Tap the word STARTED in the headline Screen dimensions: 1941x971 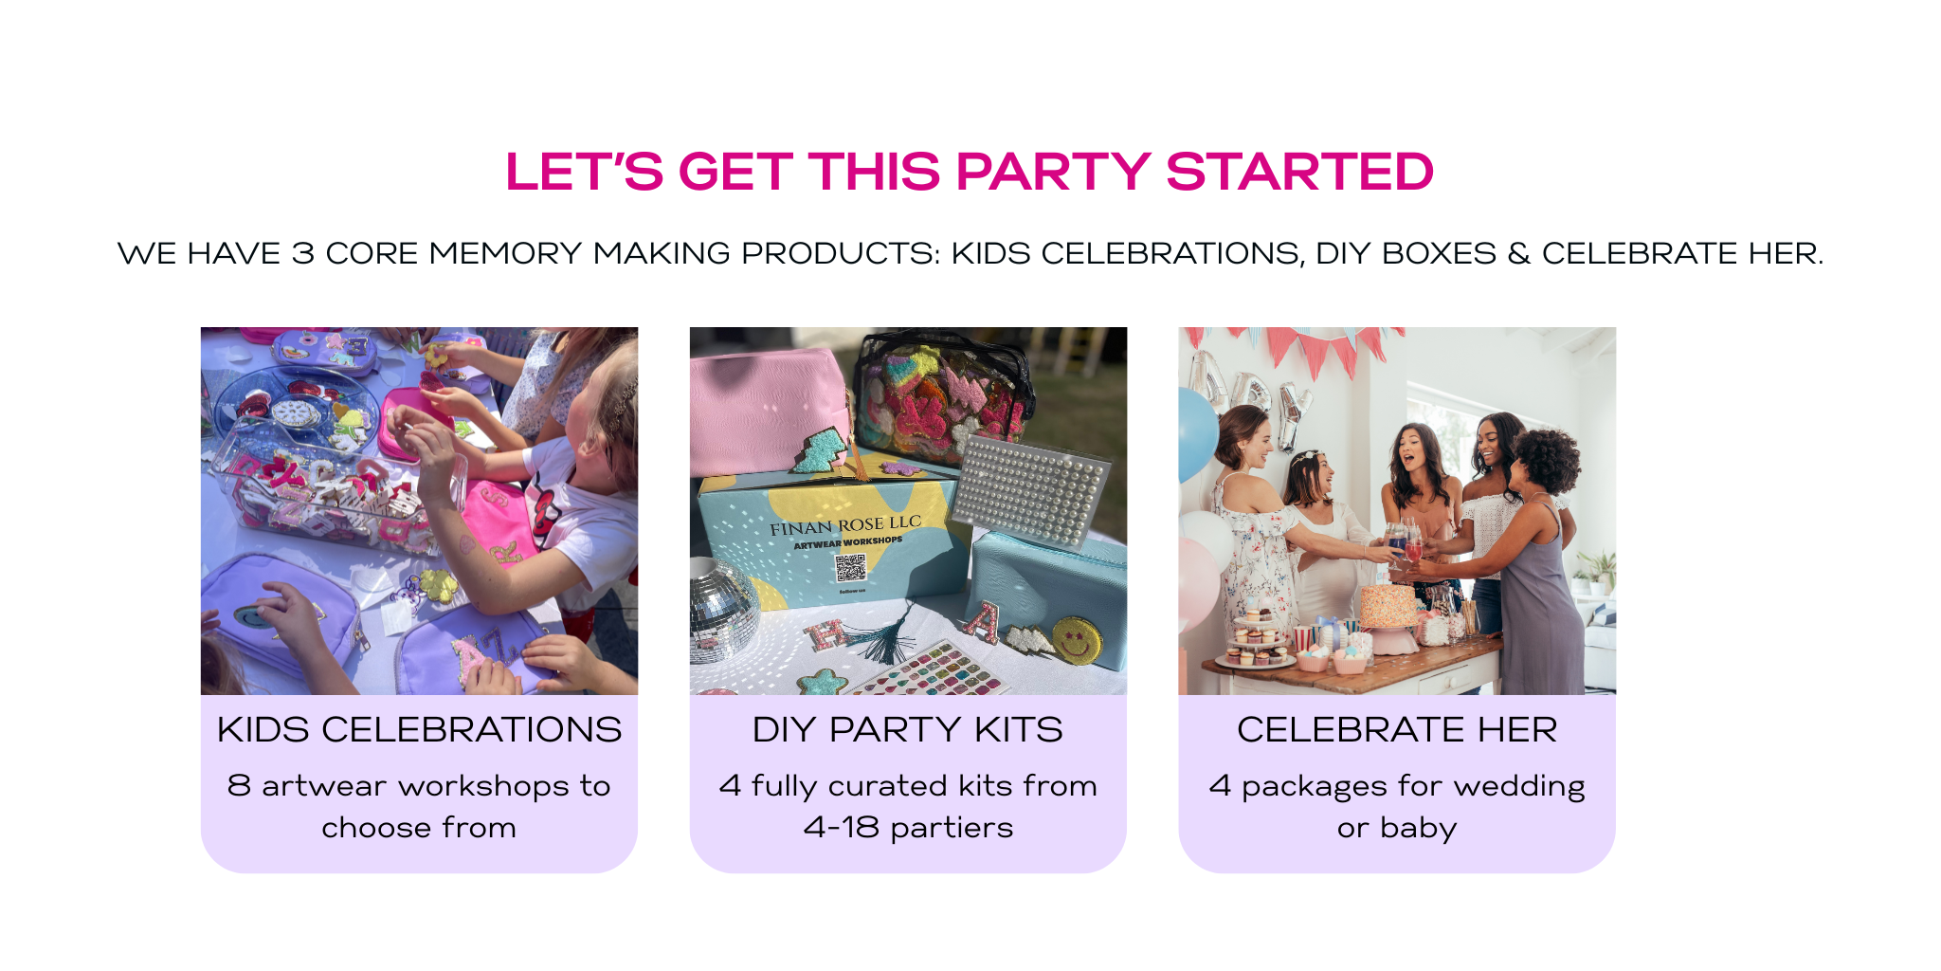[1299, 172]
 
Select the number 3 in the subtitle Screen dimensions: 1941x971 [302, 253]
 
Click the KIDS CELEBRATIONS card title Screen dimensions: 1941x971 [419, 729]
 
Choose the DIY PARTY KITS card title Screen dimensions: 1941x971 [907, 729]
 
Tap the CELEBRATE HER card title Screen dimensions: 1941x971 [1397, 729]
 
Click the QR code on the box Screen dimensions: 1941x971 [850, 568]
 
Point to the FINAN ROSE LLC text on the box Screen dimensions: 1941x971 [845, 525]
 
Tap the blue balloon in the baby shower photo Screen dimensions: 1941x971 [1197, 435]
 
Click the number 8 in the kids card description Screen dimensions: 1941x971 [239, 785]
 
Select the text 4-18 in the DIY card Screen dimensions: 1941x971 [842, 827]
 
